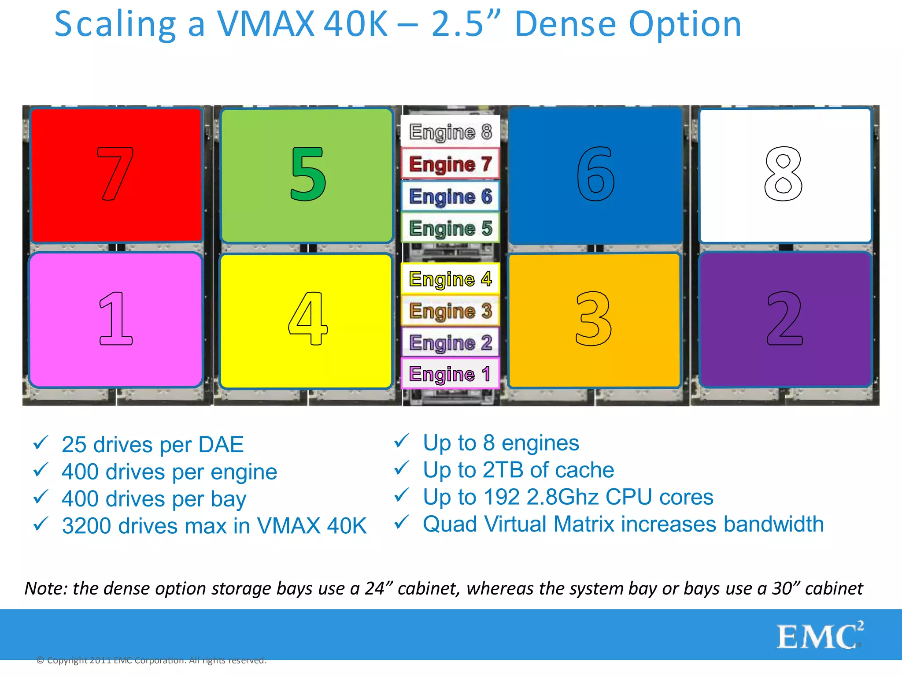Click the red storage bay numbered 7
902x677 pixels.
[116, 175]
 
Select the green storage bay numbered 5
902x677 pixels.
[307, 175]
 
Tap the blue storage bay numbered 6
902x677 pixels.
[595, 175]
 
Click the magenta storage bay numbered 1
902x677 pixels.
[115, 320]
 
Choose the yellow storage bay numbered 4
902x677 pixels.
[306, 320]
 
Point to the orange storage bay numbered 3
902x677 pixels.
[594, 320]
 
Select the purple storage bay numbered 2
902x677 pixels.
[785, 320]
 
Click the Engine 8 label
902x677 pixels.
[450, 131]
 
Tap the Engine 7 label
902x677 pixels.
[450, 164]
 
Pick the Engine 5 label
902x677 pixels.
[450, 228]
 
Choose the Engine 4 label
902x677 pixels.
[450, 279]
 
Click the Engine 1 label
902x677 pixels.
[450, 374]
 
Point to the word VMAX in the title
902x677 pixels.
[266, 24]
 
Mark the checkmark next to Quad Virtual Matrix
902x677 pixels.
[401, 522]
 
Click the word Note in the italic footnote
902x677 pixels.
[45, 588]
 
